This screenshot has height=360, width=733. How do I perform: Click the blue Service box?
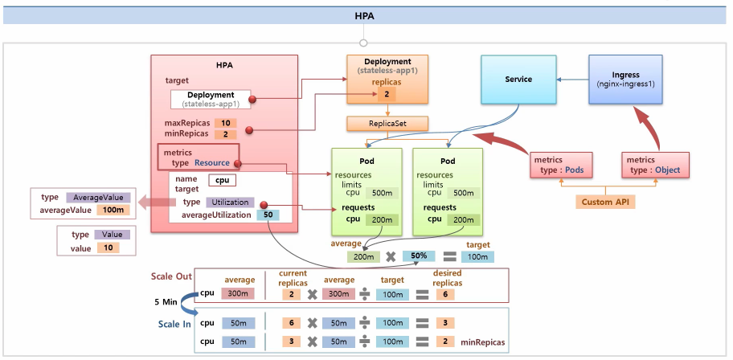pyautogui.click(x=518, y=80)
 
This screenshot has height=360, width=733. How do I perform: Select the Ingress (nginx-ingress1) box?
pyautogui.click(x=625, y=80)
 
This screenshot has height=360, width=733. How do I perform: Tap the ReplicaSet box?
pyautogui.click(x=387, y=124)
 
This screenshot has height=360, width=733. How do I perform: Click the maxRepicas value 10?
pyautogui.click(x=228, y=122)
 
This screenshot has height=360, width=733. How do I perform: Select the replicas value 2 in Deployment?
pyautogui.click(x=387, y=95)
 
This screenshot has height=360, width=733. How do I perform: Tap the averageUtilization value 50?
pyautogui.click(x=266, y=215)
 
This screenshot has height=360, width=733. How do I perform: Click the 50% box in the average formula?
pyautogui.click(x=418, y=256)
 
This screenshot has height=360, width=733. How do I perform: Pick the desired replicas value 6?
pyautogui.click(x=441, y=294)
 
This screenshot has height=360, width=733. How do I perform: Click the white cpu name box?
pyautogui.click(x=222, y=180)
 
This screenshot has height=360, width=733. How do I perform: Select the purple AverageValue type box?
pyautogui.click(x=97, y=197)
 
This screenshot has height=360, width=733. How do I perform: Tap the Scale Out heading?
pyautogui.click(x=171, y=276)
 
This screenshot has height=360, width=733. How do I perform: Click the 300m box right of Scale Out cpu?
pyautogui.click(x=238, y=294)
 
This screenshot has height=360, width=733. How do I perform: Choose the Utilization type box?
pyautogui.click(x=230, y=202)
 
